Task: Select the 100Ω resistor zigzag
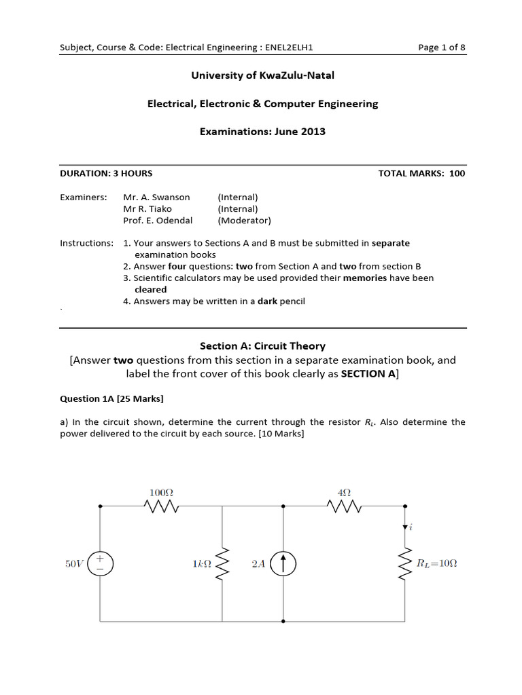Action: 162,506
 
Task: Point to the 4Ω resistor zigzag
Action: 345,506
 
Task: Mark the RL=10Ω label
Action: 436,563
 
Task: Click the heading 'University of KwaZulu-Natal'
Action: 262,75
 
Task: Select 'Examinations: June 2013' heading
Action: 262,131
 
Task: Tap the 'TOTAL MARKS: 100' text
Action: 421,173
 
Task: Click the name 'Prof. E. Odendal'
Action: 158,220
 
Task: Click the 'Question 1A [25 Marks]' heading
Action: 111,398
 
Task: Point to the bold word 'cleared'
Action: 150,289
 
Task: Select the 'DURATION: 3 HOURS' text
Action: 106,173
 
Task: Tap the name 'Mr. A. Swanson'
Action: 156,197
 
